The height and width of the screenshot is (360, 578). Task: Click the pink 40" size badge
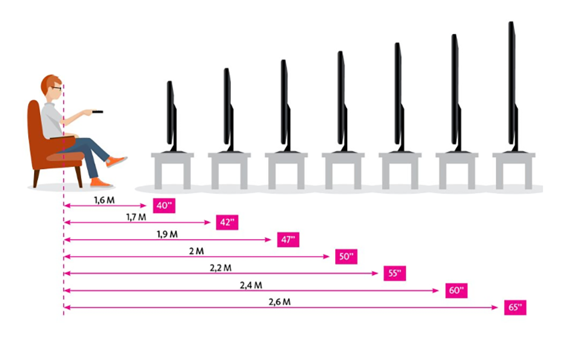[x=163, y=206]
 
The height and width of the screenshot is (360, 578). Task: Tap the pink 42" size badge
[x=226, y=223]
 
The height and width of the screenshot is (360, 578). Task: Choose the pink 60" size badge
[x=456, y=290]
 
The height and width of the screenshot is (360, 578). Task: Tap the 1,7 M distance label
[x=137, y=217]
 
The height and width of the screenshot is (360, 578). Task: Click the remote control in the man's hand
[x=98, y=112]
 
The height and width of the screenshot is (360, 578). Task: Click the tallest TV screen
[x=511, y=84]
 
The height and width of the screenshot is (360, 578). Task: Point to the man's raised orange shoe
[x=116, y=161]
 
